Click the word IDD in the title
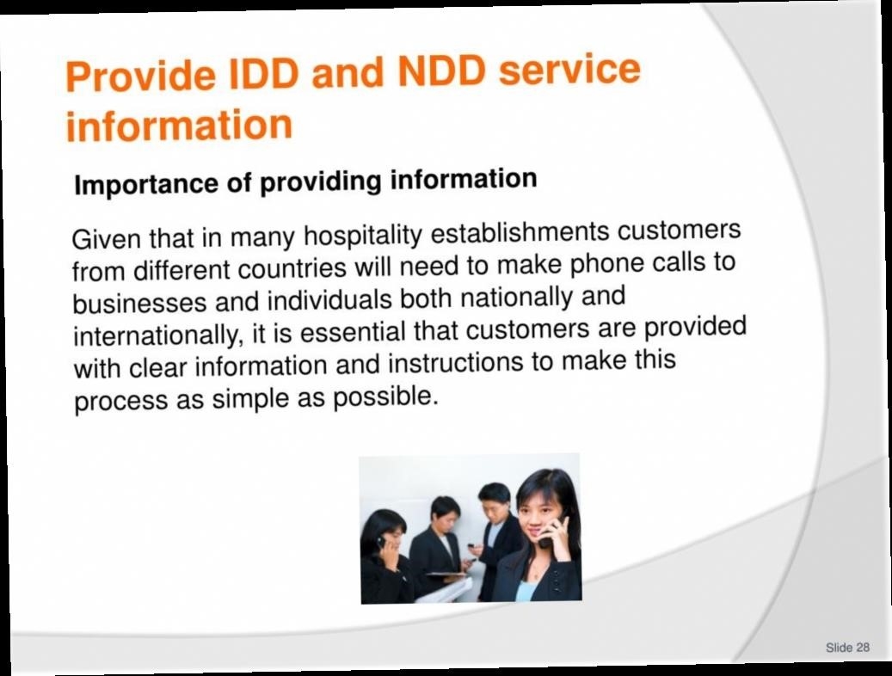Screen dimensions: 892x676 pos(263,73)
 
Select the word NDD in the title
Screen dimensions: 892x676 pos(442,71)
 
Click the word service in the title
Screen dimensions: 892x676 pos(569,68)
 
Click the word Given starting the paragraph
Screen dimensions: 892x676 pos(107,238)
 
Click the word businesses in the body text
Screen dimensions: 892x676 pos(140,302)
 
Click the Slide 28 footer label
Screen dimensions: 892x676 pos(847,648)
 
